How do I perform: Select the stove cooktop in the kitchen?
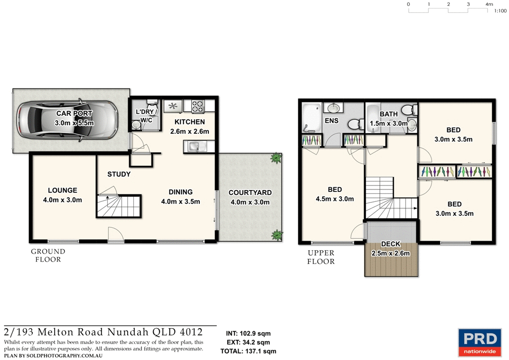pyautogui.click(x=198, y=105)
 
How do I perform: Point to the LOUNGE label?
pyautogui.click(x=62, y=190)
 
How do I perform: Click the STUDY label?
pyautogui.click(x=119, y=174)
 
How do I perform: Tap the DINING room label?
pyautogui.click(x=180, y=192)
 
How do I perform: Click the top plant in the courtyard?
pyautogui.click(x=275, y=159)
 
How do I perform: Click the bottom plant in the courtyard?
pyautogui.click(x=276, y=234)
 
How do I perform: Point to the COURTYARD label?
pyautogui.click(x=250, y=192)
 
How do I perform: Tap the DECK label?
pyautogui.click(x=390, y=244)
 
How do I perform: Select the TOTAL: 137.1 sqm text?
pyautogui.click(x=248, y=351)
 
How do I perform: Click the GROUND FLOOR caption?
pyautogui.click(x=48, y=255)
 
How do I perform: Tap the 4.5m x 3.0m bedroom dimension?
pyautogui.click(x=335, y=199)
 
